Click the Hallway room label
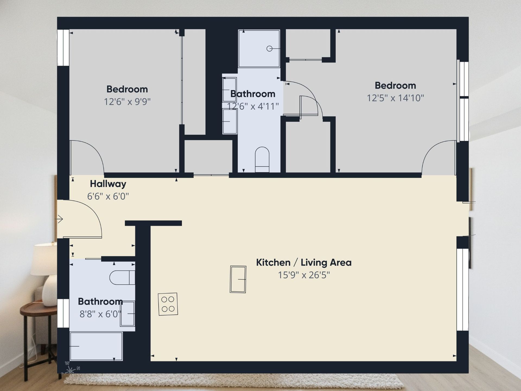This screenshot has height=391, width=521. pos(108,184)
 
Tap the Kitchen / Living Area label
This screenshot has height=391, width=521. pos(304,263)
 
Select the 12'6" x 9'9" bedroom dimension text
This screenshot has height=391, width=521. pos(127,102)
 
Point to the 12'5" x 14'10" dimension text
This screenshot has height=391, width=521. pos(395,98)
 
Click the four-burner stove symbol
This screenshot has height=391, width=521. pos(168,304)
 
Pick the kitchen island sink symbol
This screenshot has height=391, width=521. pos(238,279)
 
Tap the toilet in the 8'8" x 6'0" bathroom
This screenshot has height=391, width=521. pos(122,277)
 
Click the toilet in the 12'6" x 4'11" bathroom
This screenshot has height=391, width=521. pos(262,159)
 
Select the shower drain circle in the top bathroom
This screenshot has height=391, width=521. pos(269,49)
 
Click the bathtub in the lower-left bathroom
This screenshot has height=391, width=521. pos(96,346)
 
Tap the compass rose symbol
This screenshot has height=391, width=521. pos(70,370)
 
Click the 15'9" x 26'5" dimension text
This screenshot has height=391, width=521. pos(304,275)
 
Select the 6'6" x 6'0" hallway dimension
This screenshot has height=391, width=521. pos(108,196)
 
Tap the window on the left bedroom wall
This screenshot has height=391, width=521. pos(63,48)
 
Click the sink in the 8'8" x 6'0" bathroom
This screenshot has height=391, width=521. pos(128,314)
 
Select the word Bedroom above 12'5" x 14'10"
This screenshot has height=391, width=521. pos(395,86)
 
